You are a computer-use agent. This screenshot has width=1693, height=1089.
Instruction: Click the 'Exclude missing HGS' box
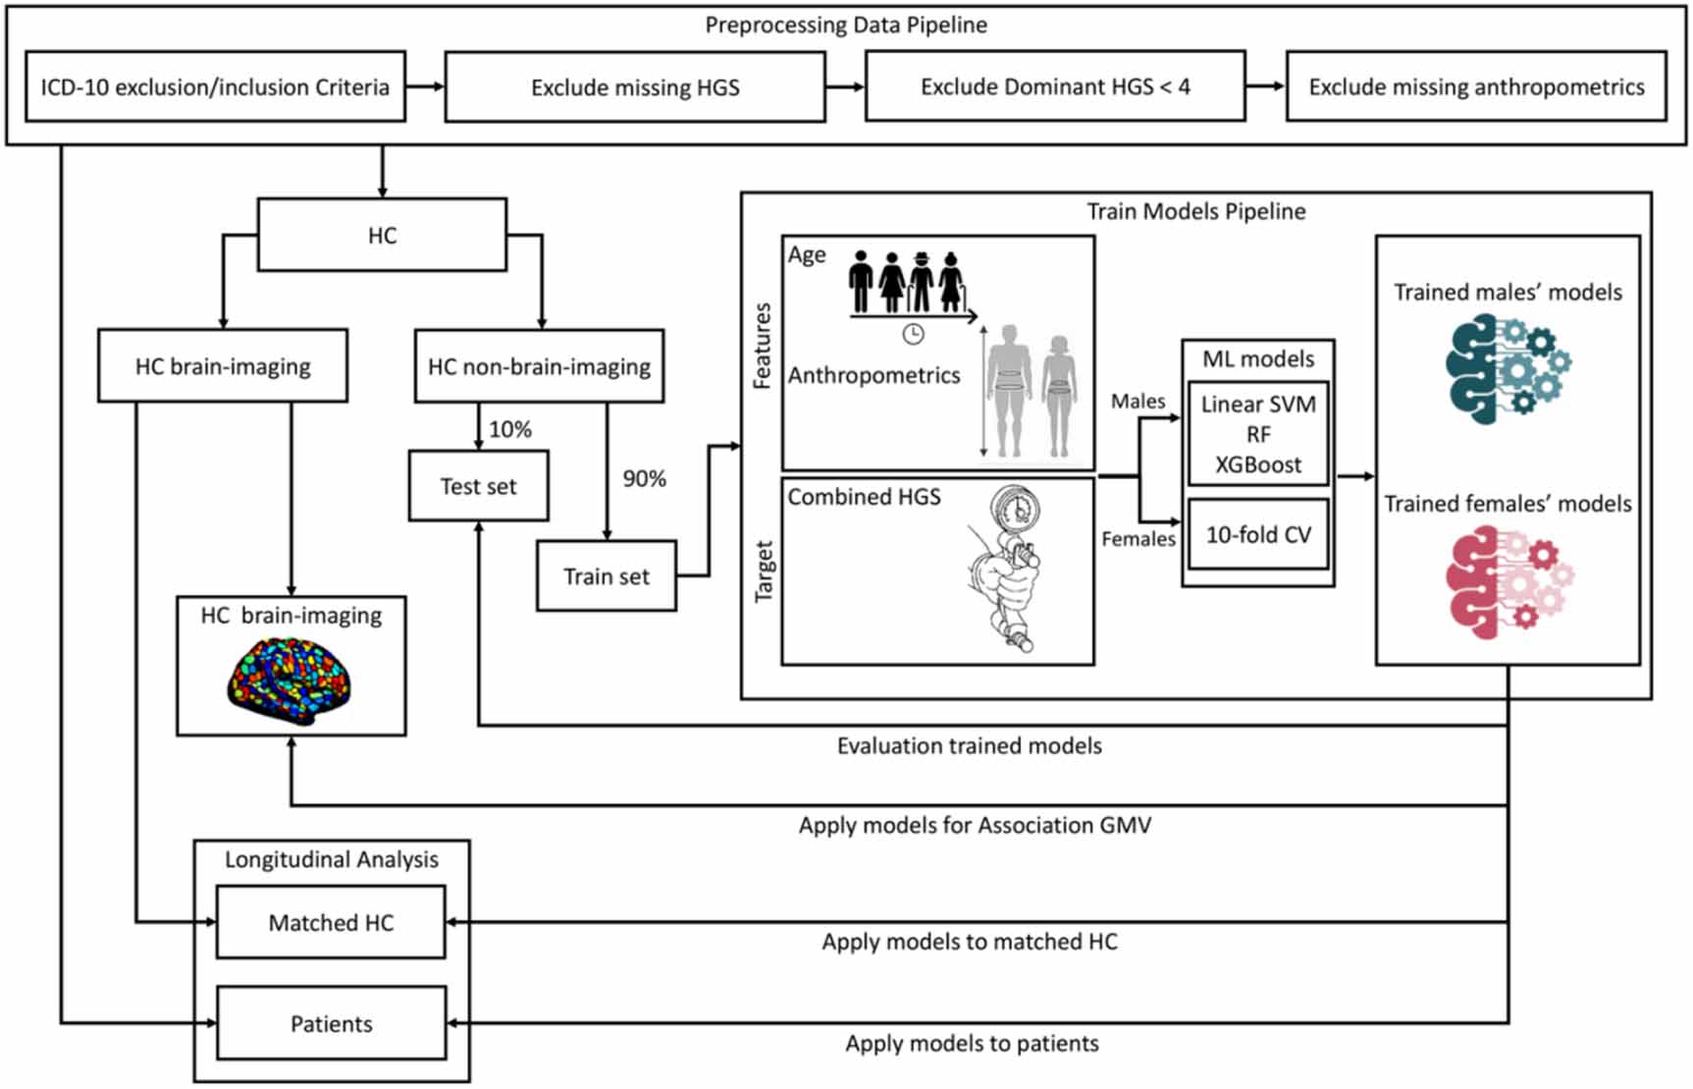coord(635,86)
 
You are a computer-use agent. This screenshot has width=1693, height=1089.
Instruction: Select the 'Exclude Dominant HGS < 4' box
coord(1055,86)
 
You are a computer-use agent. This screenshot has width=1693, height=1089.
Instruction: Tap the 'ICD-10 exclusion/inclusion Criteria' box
coord(215,86)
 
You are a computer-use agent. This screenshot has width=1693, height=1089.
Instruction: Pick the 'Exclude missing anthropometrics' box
coord(1476,86)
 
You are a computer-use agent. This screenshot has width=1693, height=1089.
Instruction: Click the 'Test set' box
coord(478,486)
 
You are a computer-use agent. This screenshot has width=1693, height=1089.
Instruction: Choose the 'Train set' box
coord(607,575)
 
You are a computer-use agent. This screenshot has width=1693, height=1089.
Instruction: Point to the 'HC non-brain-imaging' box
coord(539,366)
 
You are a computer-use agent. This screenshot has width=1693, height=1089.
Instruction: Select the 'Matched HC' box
coord(331,922)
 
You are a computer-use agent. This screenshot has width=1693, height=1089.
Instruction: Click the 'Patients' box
coord(331,1023)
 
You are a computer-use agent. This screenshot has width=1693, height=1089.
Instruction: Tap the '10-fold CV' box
coord(1258,534)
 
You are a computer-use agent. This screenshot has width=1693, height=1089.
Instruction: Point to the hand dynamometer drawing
coord(1003,568)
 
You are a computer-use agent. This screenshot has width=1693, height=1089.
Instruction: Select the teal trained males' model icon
coord(1507,367)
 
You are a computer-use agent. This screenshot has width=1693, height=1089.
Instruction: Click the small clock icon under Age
coord(913,334)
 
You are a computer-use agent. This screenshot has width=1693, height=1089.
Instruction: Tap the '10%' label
coord(510,429)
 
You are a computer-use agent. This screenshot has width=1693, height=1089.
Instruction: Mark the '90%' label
coord(644,478)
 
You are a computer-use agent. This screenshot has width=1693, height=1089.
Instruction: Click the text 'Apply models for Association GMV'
coord(975,825)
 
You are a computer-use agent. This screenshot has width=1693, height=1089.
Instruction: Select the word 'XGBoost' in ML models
coord(1258,464)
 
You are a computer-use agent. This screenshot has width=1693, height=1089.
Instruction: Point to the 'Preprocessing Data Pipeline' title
coord(846,25)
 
